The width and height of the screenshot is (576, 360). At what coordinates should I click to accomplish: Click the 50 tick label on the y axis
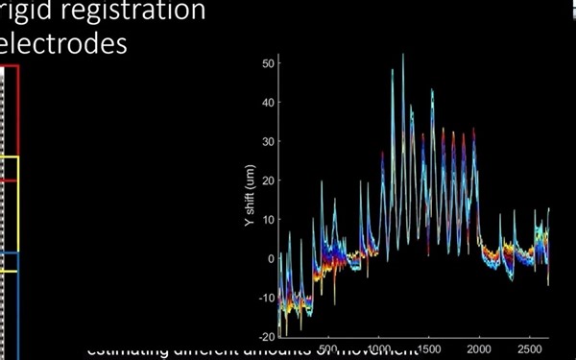[269, 62]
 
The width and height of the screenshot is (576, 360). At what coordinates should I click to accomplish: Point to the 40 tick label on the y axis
[269, 102]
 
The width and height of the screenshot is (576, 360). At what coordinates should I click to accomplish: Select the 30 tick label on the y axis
[269, 141]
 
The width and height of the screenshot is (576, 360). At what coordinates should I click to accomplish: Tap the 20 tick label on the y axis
[269, 180]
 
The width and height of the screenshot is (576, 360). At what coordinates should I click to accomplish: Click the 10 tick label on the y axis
[269, 220]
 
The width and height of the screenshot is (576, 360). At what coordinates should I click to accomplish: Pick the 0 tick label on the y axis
[272, 259]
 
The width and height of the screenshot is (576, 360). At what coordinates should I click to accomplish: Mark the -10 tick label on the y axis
[268, 298]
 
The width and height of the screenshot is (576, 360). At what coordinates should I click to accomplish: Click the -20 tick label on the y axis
[268, 337]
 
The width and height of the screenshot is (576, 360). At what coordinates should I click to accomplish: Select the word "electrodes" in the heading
[63, 44]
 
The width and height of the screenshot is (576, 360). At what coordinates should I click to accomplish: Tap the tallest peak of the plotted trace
[403, 56]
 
